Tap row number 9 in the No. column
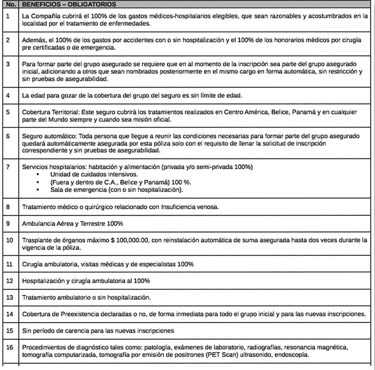tap(8, 224)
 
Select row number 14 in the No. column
tap(10, 313)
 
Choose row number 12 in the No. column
tap(10, 280)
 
